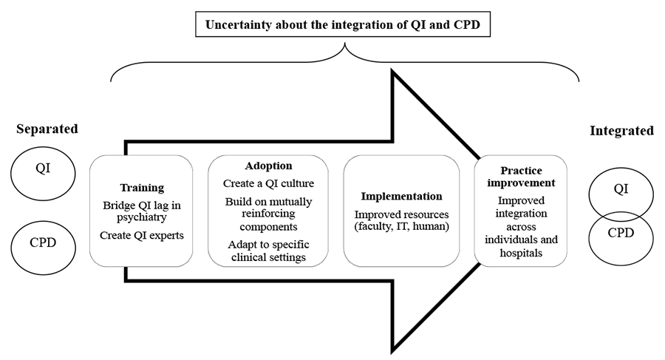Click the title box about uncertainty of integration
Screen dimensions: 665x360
(343, 24)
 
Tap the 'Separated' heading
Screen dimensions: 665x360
(47, 129)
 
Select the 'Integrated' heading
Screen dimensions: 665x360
(621, 131)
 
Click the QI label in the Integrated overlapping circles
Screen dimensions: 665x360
(621, 189)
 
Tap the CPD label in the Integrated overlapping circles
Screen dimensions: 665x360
(621, 233)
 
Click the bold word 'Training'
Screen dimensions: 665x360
(142, 188)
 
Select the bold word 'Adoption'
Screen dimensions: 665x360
(268, 166)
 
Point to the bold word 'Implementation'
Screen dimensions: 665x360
(402, 196)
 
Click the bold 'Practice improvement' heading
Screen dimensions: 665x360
(521, 177)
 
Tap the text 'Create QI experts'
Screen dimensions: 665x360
(142, 235)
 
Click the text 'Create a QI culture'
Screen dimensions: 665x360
(268, 183)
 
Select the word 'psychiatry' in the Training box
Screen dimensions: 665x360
(142, 217)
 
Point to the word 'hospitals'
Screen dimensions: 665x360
(521, 253)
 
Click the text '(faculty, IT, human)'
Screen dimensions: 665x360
(402, 226)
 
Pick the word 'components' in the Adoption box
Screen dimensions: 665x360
(268, 227)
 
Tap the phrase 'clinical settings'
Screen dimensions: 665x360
(268, 257)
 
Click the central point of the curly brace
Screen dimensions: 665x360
(345, 44)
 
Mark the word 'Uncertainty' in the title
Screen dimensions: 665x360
(238, 24)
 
